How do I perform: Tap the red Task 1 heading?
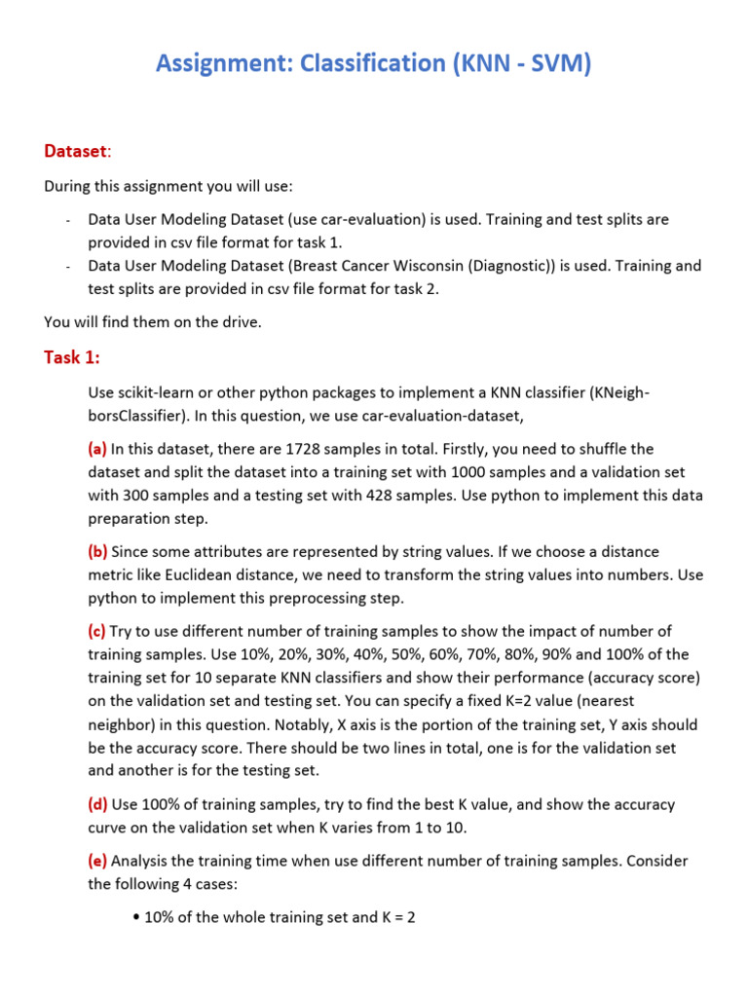tap(72, 357)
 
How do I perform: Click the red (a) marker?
tap(97, 449)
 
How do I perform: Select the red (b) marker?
tap(97, 552)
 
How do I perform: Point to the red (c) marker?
tap(97, 631)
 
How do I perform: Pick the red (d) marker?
tap(97, 805)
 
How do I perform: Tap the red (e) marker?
tap(97, 862)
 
